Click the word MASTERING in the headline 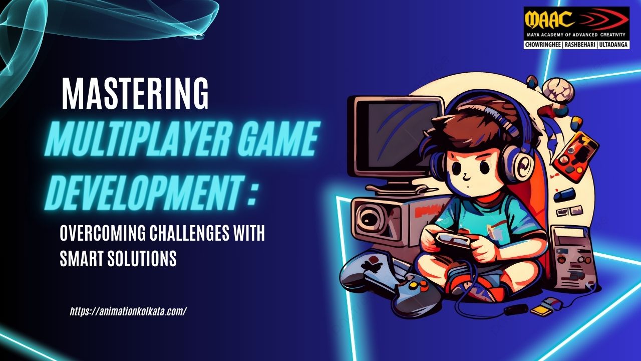click(135, 93)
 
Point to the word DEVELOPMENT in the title click(144, 192)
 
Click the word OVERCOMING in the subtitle click(103, 233)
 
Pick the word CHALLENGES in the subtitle click(189, 233)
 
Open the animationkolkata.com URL click(128, 311)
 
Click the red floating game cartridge click(575, 157)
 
